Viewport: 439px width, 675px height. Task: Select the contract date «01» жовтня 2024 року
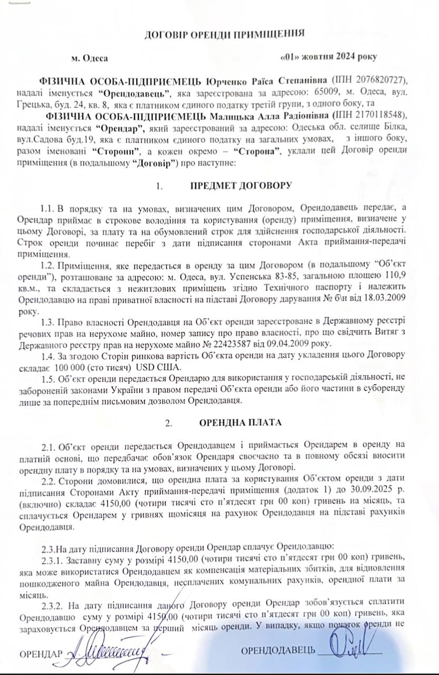[x=331, y=57]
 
